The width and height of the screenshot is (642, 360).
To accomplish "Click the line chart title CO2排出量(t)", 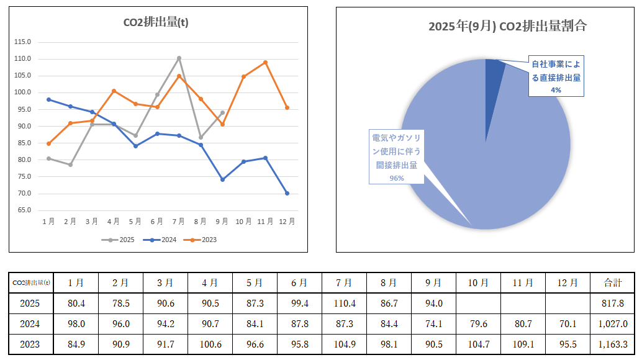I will [x=156, y=23].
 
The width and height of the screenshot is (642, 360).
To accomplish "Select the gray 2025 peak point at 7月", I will [x=179, y=58].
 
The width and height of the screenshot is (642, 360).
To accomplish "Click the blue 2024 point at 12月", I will [x=287, y=193].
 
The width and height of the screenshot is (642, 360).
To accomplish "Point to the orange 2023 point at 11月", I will [x=265, y=62].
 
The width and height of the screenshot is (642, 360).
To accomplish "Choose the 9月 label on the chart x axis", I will [x=222, y=222].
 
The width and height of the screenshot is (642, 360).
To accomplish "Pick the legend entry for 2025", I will [x=123, y=240].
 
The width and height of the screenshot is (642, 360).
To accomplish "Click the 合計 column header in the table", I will [x=612, y=282].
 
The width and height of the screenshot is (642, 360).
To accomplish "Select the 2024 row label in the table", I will [x=30, y=323].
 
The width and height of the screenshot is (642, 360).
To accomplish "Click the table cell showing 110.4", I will [x=344, y=304].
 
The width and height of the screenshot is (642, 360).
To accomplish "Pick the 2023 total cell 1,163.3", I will [x=612, y=343].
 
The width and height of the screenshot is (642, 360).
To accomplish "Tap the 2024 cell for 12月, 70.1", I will [x=567, y=323].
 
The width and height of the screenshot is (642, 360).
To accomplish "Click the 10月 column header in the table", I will [x=478, y=282].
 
